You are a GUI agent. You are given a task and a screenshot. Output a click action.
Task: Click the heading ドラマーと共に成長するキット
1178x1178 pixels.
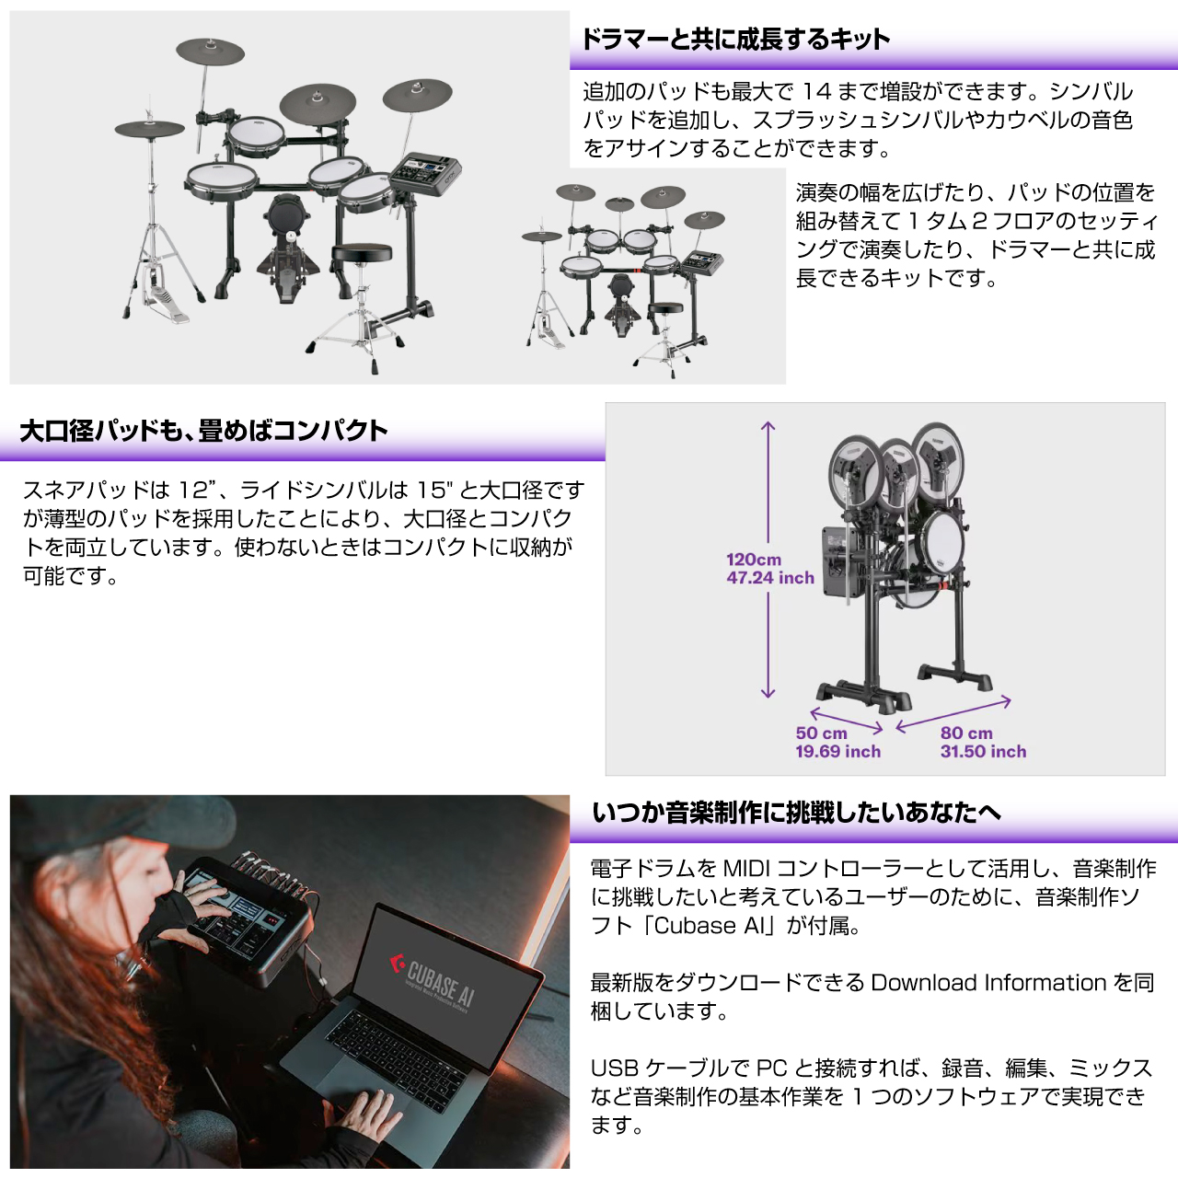734,40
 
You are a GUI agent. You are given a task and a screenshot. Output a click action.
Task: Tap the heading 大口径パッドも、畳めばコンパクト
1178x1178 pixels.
203,431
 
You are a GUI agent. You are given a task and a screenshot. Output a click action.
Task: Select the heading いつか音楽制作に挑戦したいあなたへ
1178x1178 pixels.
796,813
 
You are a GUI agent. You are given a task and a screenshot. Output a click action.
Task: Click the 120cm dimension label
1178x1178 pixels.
753,560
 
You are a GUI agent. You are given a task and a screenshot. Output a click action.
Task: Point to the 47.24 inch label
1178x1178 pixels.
770,578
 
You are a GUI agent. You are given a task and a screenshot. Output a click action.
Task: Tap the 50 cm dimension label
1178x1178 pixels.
821,733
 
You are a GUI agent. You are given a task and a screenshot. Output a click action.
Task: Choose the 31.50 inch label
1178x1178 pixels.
983,751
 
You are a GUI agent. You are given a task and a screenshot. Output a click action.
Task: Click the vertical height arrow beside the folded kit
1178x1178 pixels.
768,560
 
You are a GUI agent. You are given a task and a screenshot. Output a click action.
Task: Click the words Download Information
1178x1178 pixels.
988,982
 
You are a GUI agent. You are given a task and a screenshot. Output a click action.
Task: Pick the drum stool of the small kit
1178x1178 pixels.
665,336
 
